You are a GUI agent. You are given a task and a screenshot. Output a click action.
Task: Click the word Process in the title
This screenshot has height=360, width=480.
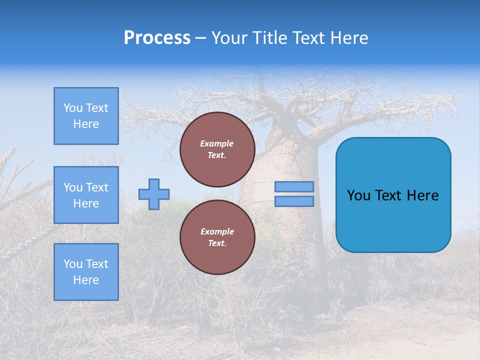[x=157, y=38]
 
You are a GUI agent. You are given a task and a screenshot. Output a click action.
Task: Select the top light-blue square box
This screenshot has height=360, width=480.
[x=86, y=116]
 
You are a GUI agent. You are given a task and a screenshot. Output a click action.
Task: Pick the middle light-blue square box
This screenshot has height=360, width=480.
[x=86, y=195]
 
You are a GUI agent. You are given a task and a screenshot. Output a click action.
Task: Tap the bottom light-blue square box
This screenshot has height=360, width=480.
[x=86, y=271]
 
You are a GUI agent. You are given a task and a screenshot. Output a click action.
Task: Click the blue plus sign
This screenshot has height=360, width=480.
[x=154, y=194]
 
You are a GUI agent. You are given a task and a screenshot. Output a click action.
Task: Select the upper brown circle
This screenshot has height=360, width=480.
[x=217, y=149]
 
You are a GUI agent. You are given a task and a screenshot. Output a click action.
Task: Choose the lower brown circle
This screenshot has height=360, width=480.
[x=217, y=237]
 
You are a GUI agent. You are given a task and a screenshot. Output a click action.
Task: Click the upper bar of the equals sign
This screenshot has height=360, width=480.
[x=294, y=187]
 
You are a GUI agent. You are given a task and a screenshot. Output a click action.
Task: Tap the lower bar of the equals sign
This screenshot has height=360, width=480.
[x=294, y=201]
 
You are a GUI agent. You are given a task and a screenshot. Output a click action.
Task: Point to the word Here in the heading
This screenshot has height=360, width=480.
[x=348, y=38]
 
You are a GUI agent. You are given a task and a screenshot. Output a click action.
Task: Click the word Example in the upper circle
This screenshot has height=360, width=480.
[x=217, y=143]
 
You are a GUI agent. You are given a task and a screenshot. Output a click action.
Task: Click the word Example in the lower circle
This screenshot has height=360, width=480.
[x=217, y=231]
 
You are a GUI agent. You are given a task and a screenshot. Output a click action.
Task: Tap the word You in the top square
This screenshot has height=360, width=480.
[x=73, y=108]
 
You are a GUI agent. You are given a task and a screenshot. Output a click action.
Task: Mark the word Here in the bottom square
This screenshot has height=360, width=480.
[x=86, y=280]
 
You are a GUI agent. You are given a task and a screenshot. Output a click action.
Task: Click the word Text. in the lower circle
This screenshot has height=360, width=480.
[x=217, y=243]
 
